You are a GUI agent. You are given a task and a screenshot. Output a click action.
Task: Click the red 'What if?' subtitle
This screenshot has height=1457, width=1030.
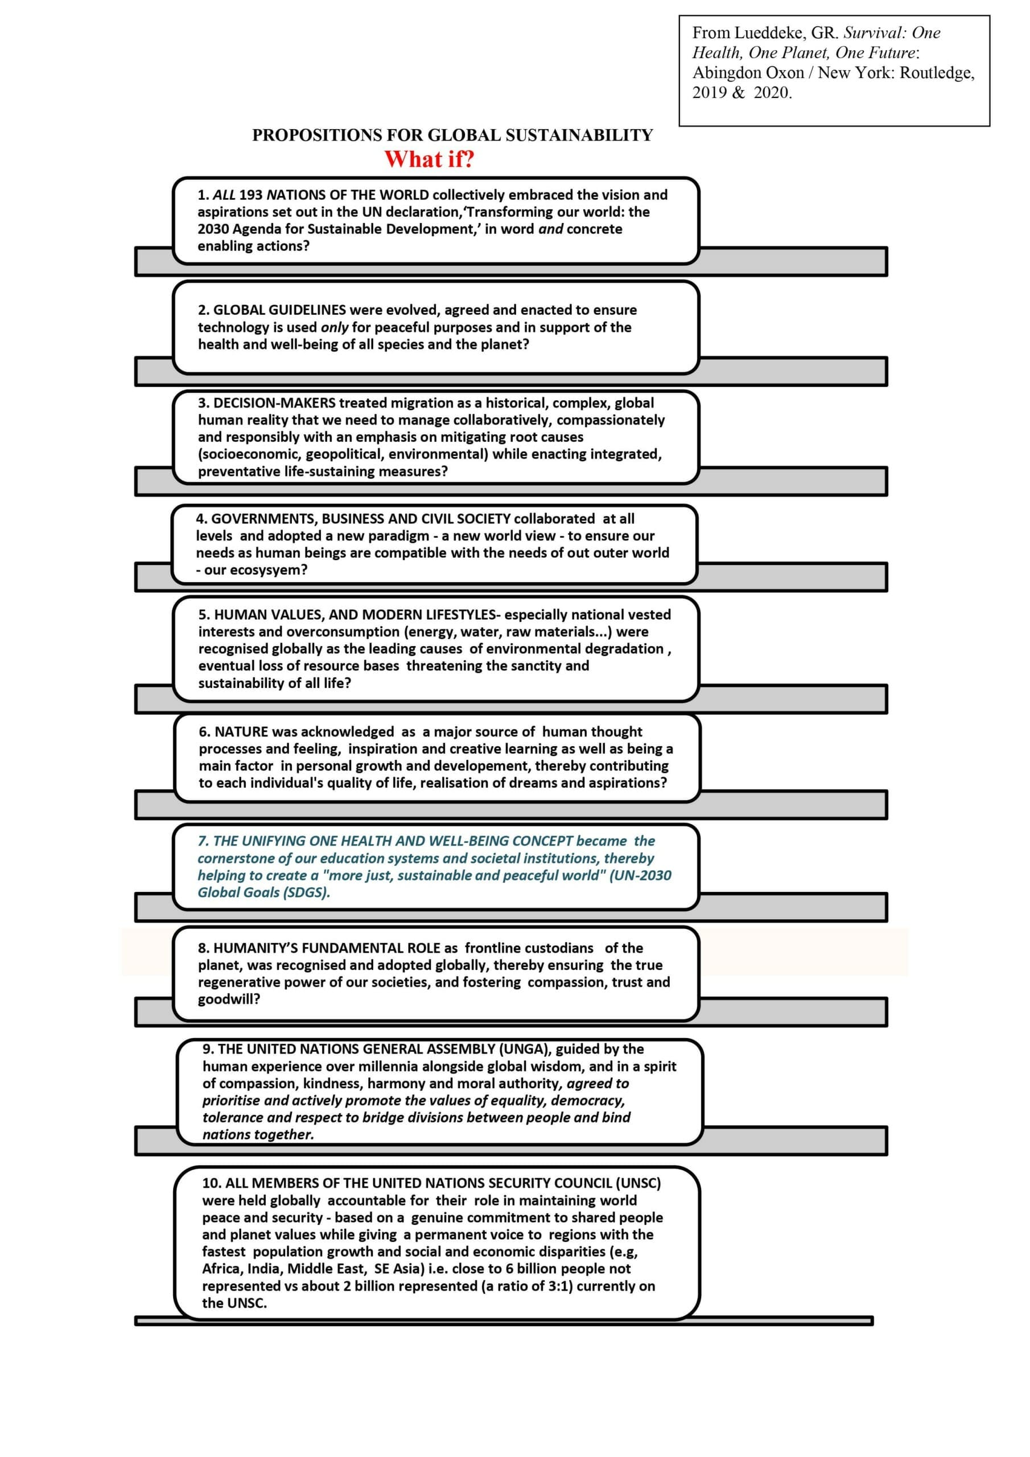pos(429,159)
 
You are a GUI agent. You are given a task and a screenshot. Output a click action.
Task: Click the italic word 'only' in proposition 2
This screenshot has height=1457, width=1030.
pos(335,327)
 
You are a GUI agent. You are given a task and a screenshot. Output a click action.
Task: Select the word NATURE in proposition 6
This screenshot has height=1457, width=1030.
pos(241,732)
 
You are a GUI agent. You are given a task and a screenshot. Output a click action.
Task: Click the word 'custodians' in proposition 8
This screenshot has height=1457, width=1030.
pos(561,948)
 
